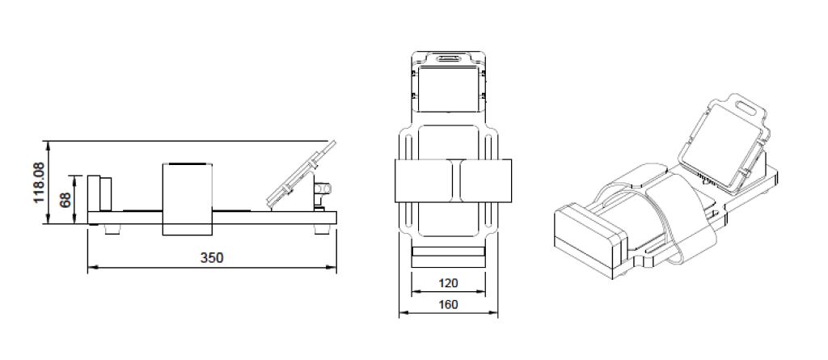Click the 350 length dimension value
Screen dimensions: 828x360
pos(212,258)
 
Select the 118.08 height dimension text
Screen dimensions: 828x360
pos(39,182)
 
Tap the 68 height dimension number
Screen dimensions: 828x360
pos(65,200)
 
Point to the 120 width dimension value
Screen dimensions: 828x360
pos(448,283)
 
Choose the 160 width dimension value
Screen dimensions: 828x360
pos(448,305)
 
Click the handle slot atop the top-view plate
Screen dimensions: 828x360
pos(448,58)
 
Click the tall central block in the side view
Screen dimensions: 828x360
pos(188,199)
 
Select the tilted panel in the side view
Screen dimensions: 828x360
pos(301,175)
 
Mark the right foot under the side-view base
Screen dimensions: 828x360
pos(322,229)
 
